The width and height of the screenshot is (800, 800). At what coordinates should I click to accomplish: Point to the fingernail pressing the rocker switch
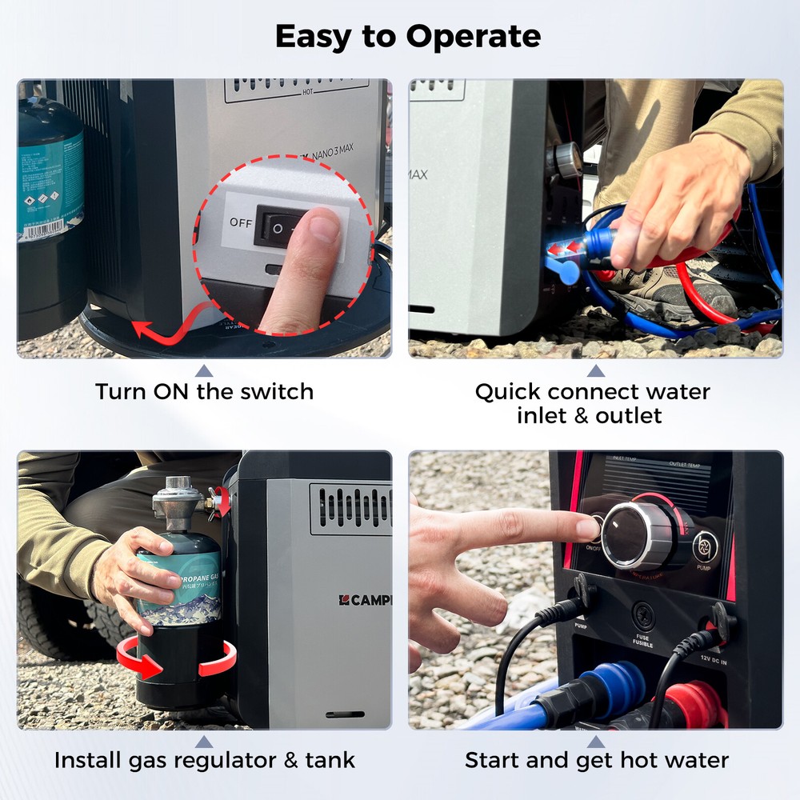[x=325, y=226]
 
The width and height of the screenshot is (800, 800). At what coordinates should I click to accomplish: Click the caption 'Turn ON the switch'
[x=204, y=392]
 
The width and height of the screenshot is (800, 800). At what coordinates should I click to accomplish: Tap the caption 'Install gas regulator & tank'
[x=204, y=760]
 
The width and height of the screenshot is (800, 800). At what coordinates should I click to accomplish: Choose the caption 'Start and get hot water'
[x=596, y=760]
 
